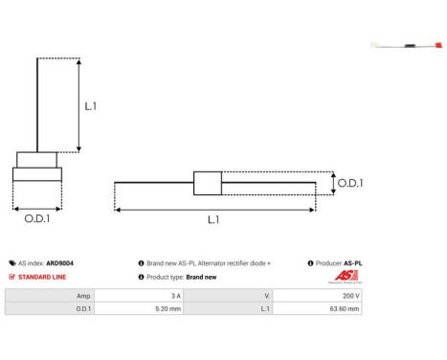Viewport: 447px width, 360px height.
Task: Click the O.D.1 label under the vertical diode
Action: click(37, 219)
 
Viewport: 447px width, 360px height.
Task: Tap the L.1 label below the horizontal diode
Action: click(212, 219)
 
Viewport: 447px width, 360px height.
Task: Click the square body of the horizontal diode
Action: click(208, 183)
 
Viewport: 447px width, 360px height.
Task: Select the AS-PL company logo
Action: click(346, 277)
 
